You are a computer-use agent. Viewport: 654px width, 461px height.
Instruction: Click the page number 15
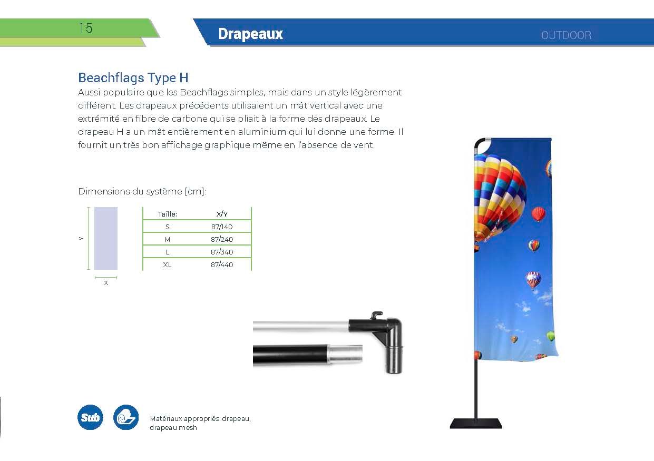click(85, 28)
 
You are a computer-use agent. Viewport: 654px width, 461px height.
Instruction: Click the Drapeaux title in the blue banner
click(250, 34)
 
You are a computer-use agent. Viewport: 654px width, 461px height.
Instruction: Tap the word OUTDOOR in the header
click(566, 35)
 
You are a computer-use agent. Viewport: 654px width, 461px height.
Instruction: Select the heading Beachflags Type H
click(133, 77)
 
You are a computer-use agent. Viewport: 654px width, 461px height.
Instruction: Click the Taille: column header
click(167, 214)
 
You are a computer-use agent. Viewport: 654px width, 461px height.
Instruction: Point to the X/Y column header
click(222, 214)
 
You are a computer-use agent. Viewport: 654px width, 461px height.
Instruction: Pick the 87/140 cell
click(222, 227)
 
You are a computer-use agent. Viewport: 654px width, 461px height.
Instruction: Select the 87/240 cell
click(222, 239)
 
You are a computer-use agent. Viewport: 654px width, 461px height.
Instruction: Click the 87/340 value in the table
click(222, 252)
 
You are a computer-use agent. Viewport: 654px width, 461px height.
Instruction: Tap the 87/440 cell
click(222, 265)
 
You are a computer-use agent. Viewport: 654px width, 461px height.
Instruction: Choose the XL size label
click(167, 265)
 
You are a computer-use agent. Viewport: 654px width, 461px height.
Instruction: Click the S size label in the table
click(167, 227)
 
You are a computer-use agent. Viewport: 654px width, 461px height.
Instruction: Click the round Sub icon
click(90, 417)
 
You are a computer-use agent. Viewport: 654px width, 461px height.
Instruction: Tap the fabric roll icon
click(126, 417)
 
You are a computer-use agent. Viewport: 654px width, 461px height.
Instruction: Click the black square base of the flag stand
click(476, 424)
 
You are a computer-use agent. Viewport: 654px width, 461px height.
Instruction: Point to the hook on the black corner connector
click(377, 315)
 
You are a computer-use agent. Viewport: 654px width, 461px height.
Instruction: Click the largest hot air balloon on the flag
click(499, 199)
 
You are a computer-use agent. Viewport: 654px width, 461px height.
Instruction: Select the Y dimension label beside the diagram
click(81, 239)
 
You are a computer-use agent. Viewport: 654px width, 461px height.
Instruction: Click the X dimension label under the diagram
click(106, 283)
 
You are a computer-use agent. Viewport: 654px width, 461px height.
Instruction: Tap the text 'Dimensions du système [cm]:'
click(142, 192)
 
